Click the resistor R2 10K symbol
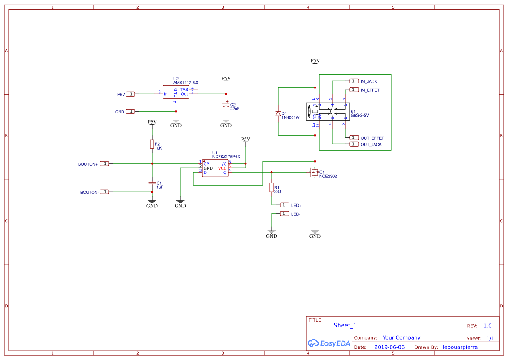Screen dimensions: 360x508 coord(152,144)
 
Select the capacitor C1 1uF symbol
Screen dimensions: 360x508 coord(152,183)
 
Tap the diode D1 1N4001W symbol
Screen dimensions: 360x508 coord(278,114)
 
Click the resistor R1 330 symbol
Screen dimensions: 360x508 coord(272,187)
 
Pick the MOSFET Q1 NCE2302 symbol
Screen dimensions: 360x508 coord(313,173)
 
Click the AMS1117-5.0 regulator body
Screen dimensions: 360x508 coord(176,92)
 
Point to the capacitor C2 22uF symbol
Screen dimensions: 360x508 coord(226,106)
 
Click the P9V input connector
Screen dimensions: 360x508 coord(130,94)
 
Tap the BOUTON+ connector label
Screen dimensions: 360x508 coord(88,164)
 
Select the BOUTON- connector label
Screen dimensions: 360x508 coord(89,192)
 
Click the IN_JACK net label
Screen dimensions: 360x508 coord(369,81)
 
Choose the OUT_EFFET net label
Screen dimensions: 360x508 coord(372,138)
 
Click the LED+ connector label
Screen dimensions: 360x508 coord(296,205)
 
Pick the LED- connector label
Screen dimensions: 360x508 coord(296,214)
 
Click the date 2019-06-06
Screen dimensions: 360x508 coord(389,347)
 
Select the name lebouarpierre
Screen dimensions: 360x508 coord(460,347)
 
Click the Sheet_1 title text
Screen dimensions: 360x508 coord(345,325)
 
